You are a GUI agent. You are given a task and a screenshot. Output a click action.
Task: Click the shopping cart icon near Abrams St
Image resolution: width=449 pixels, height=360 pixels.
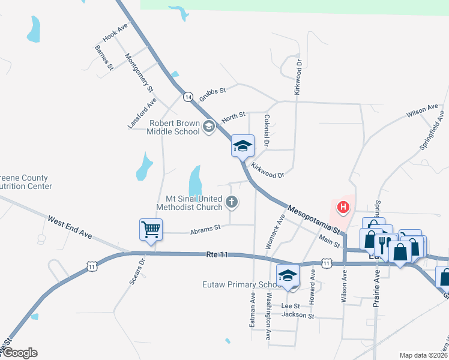pos(151,229)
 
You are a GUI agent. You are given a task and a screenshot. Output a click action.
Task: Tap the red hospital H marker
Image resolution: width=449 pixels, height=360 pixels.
pos(343,208)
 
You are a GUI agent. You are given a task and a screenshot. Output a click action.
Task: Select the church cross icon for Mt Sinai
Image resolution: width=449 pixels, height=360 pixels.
pos(232,203)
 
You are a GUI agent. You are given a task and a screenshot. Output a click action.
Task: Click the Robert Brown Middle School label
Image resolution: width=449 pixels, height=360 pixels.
pos(174,127)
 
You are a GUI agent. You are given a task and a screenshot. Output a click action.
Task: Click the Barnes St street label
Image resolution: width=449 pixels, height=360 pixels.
pos(104,58)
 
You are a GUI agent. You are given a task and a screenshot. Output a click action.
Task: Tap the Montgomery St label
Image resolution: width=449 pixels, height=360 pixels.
pos(139,73)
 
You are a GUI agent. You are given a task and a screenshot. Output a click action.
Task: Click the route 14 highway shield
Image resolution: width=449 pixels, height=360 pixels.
pos(188,97)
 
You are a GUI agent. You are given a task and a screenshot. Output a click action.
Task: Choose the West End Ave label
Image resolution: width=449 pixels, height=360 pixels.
pos(70,227)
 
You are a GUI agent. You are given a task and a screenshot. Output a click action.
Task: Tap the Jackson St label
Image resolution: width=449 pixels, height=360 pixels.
pos(298,315)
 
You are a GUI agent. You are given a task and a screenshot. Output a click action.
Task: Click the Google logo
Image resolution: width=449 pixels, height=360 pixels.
pos(19,353)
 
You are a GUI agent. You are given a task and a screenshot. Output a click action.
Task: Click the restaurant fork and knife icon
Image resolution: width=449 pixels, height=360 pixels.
pos(383,244)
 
